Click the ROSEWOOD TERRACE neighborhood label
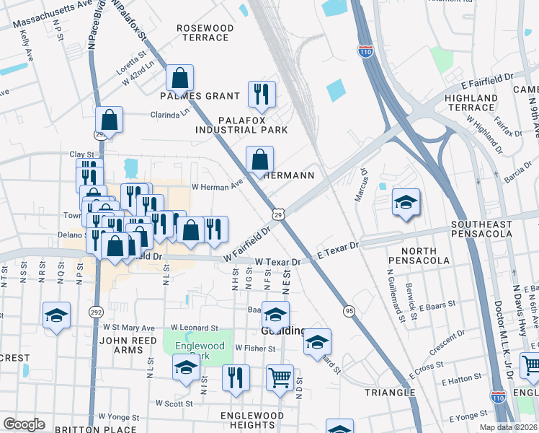(x=206, y=32)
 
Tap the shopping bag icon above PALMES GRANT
(x=179, y=78)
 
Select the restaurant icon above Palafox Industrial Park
(x=262, y=94)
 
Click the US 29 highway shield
(x=279, y=214)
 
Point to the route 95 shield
(x=349, y=310)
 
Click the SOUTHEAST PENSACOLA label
(x=482, y=229)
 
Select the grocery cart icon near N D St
(x=280, y=377)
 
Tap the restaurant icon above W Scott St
(x=236, y=377)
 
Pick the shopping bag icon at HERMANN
(x=260, y=159)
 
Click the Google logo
(x=24, y=424)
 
